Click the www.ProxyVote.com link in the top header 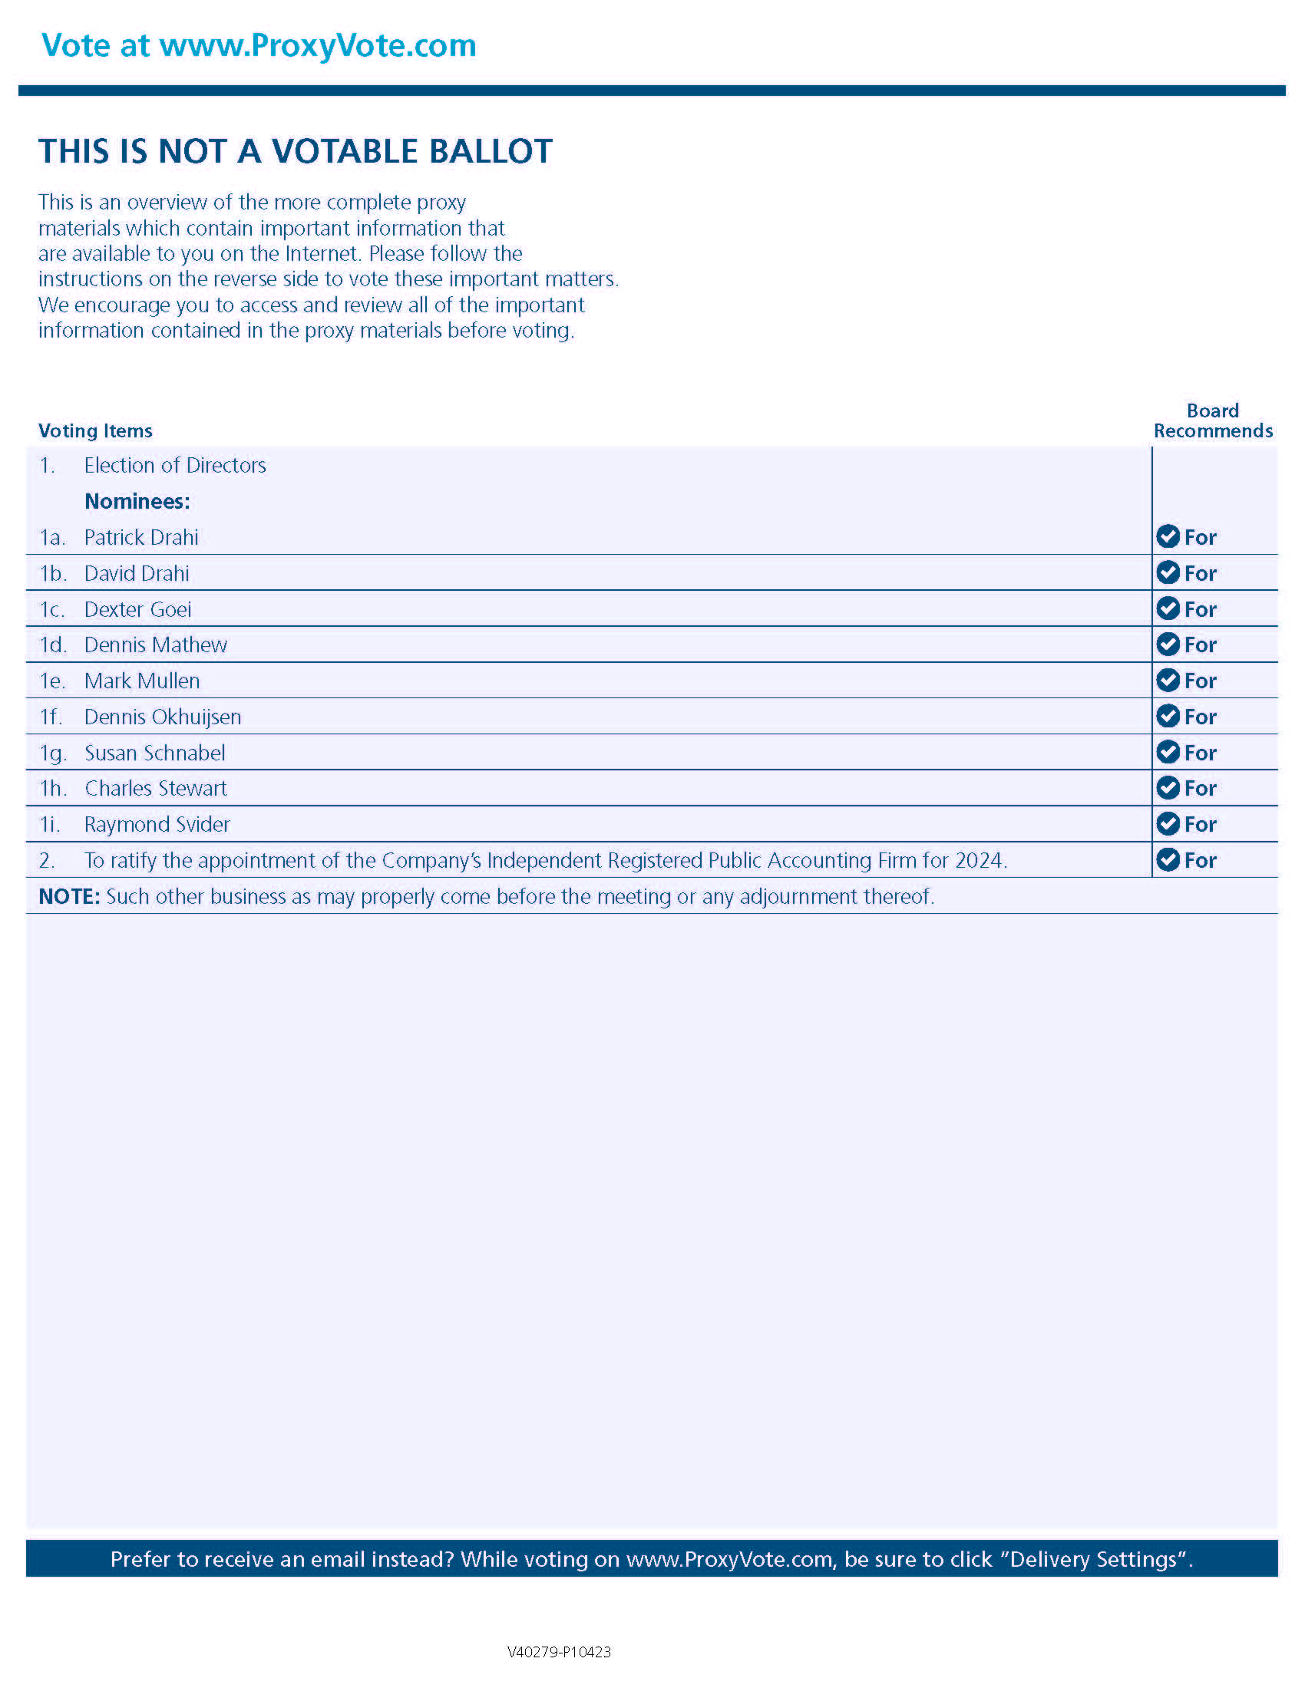pos(318,45)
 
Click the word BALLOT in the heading pos(491,151)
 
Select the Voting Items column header pos(95,430)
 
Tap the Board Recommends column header pos(1212,420)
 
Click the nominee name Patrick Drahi pos(140,537)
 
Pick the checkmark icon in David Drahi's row pos(1168,572)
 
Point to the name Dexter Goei pos(137,609)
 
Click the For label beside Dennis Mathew pos(1200,645)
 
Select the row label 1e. pos(51,681)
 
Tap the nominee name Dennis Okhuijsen pos(162,717)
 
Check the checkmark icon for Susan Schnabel pos(1168,752)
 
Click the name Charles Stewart pos(155,788)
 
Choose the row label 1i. pos(49,824)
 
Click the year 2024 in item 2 pos(980,860)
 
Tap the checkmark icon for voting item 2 pos(1168,859)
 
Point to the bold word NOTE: pos(69,896)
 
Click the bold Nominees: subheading pos(137,501)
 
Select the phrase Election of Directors pos(175,465)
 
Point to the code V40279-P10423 pos(559,1652)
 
